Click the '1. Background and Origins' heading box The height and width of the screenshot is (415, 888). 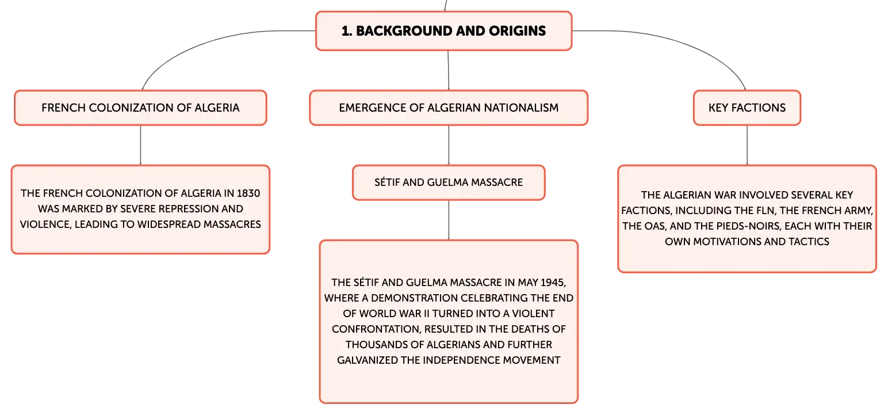pos(443,31)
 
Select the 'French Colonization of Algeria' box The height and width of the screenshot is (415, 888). pos(140,108)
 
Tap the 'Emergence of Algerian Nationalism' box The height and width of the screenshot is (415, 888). pos(449,108)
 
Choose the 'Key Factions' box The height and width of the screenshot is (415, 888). pos(747,108)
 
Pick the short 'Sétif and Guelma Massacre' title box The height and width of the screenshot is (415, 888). pos(449,182)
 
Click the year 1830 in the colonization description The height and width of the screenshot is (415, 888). pos(248,193)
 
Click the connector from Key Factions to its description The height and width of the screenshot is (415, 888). pos(747,145)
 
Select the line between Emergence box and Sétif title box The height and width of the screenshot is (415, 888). pos(449,145)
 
